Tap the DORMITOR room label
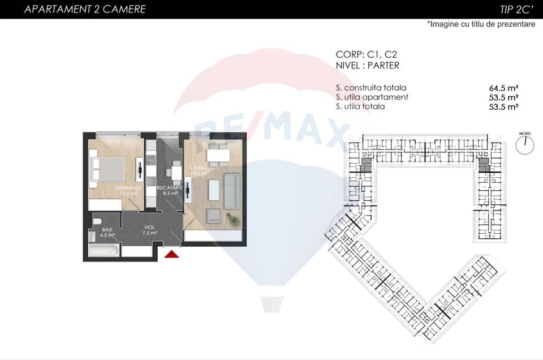point(128,187)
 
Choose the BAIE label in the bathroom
point(107,229)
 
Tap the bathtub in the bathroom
point(104,250)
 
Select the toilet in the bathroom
point(96,221)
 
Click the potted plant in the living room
point(231,218)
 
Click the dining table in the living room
point(218,155)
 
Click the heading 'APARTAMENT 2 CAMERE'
point(85,9)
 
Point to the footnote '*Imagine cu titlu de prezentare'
point(481,24)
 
